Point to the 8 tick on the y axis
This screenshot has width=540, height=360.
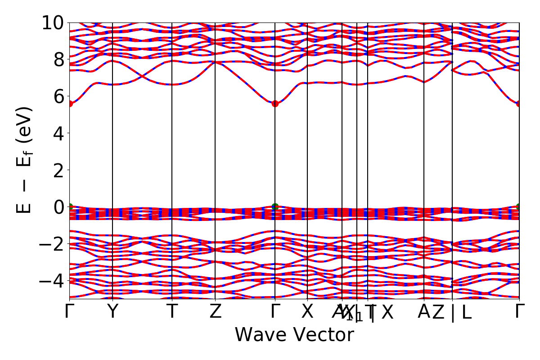coord(58,59)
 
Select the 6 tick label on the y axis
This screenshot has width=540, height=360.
coord(58,96)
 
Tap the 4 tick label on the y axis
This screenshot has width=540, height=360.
coord(58,133)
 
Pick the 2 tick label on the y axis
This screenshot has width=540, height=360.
coord(58,170)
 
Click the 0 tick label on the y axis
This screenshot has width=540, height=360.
coord(58,207)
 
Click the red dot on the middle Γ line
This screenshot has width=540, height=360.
coord(275,103)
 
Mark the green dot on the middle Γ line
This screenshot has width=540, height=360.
coord(275,207)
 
